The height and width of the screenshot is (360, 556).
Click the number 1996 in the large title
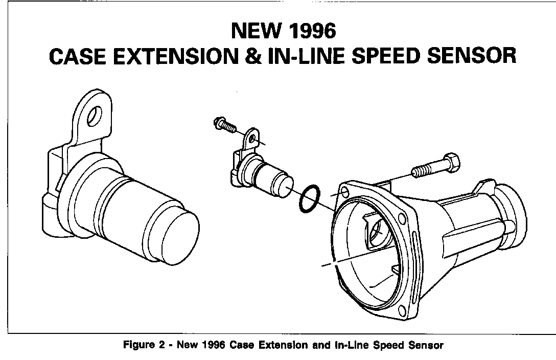(313, 31)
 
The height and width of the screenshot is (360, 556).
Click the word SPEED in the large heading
(386, 56)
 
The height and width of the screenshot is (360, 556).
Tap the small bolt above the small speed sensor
(225, 125)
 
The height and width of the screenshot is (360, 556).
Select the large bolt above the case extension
(436, 165)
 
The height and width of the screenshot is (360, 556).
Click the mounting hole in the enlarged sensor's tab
(95, 116)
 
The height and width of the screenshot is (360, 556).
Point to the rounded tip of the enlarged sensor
(180, 239)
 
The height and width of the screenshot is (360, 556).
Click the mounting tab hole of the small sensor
(252, 138)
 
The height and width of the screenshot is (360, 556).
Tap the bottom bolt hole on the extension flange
(402, 310)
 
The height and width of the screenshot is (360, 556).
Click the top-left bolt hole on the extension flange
(344, 192)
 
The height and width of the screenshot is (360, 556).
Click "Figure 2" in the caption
(144, 345)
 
